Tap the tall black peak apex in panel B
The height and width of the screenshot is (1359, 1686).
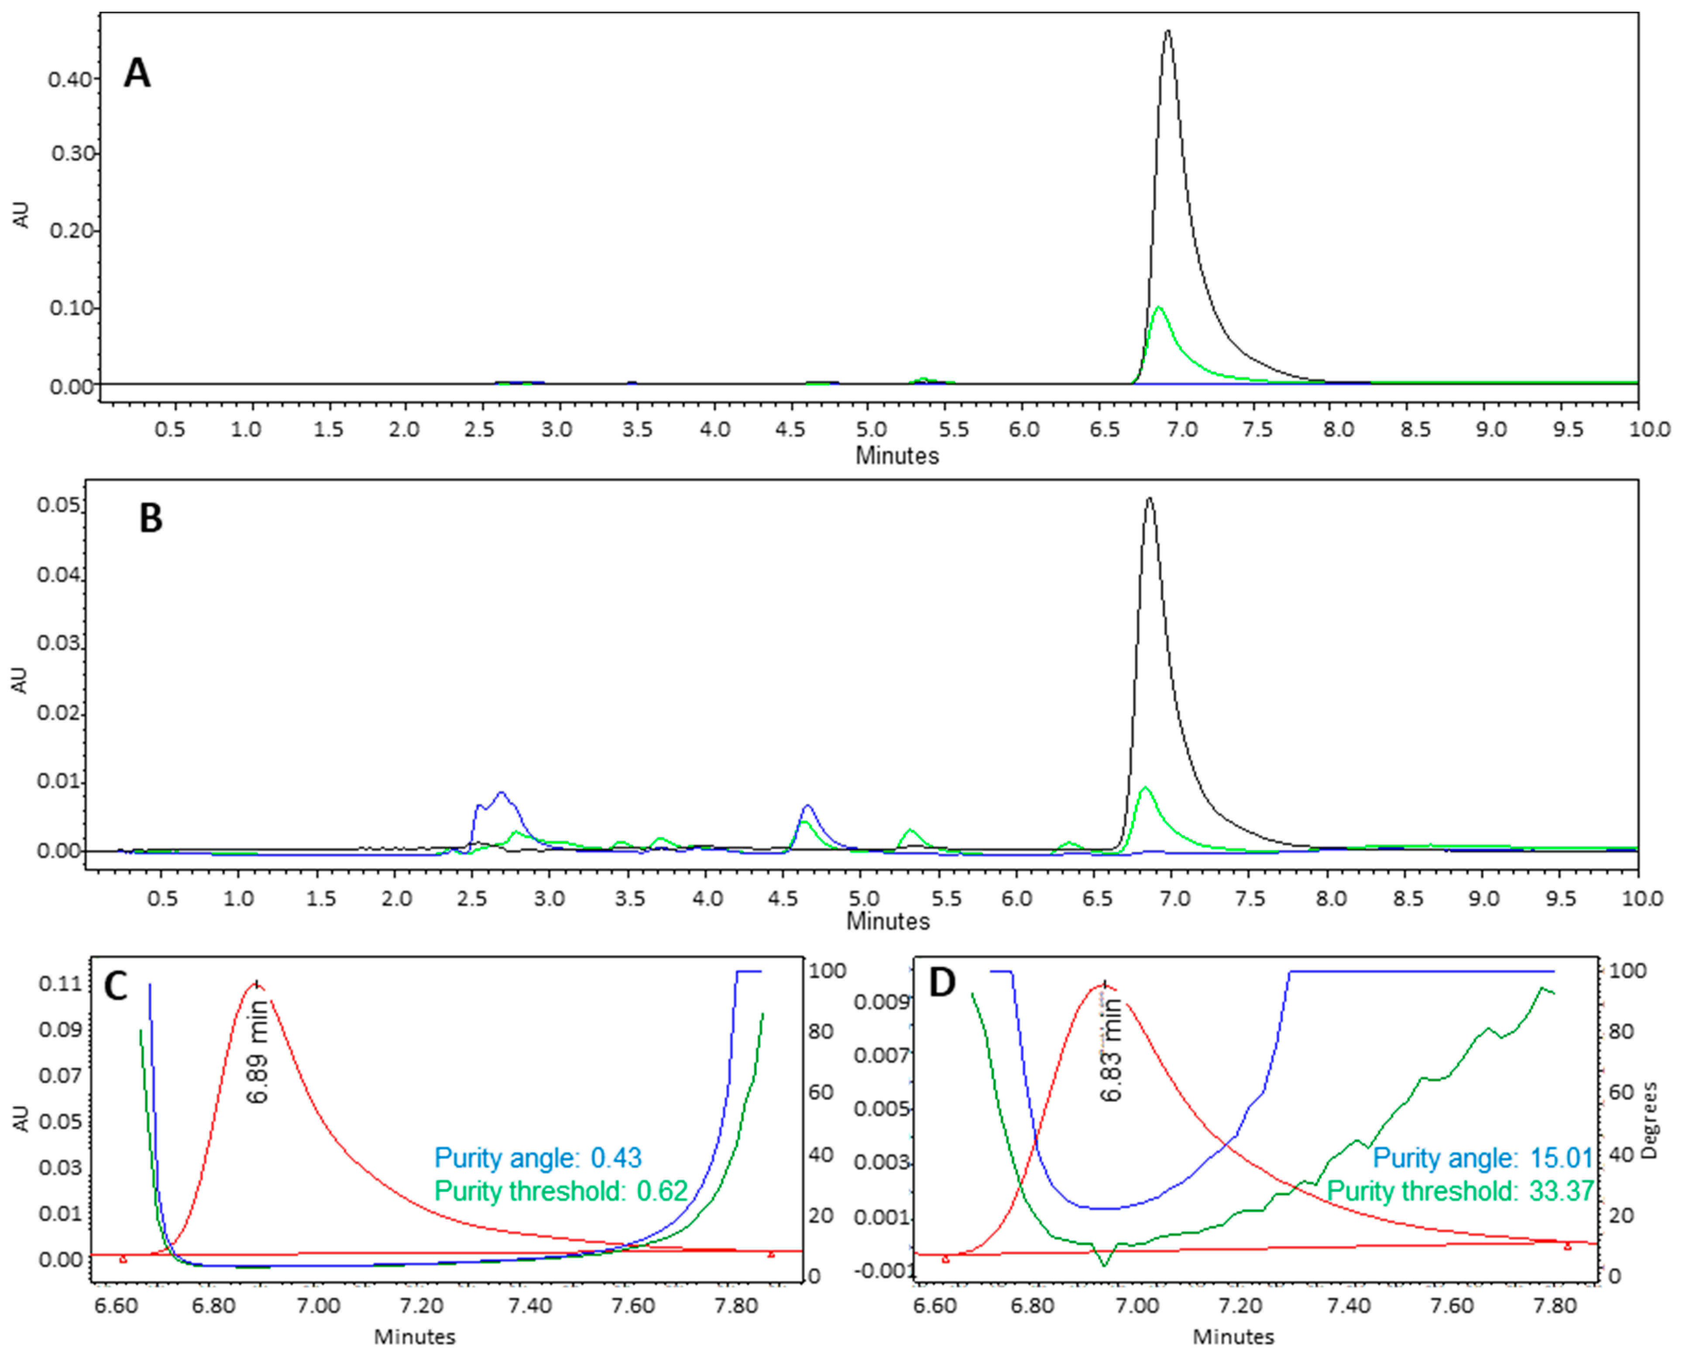pyautogui.click(x=1149, y=499)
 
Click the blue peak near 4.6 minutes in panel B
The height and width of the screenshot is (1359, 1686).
pyautogui.click(x=808, y=805)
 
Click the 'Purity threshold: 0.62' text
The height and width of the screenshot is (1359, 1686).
pyautogui.click(x=560, y=1191)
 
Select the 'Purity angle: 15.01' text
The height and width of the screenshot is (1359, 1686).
pyautogui.click(x=1483, y=1158)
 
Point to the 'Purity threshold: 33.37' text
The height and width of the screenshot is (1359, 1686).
pyautogui.click(x=1460, y=1191)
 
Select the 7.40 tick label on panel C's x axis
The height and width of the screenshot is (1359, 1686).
pyautogui.click(x=531, y=1306)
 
